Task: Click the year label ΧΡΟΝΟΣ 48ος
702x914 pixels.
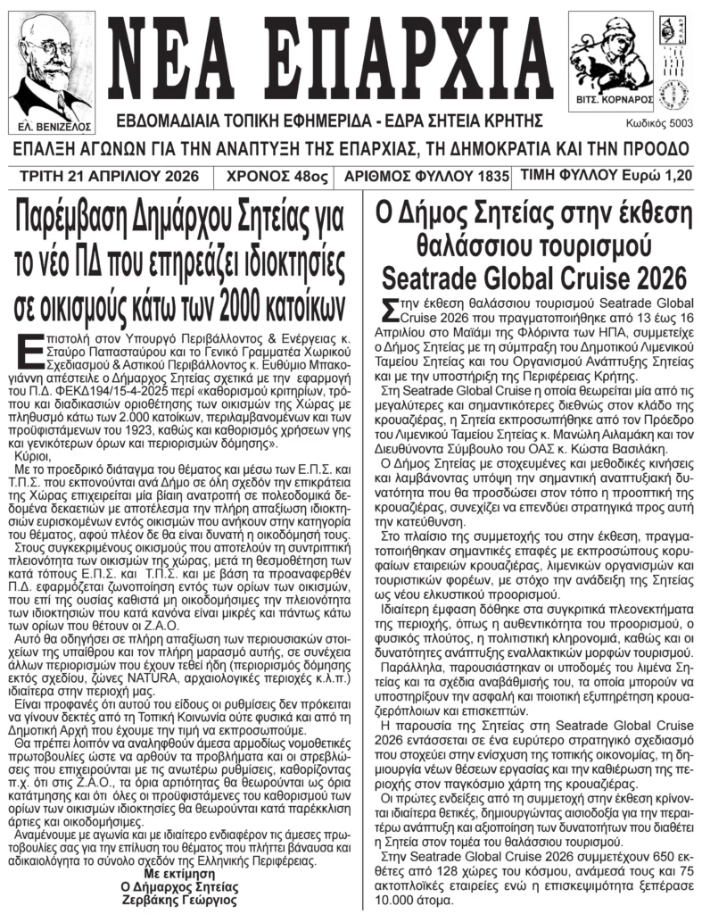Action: click(x=275, y=176)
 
